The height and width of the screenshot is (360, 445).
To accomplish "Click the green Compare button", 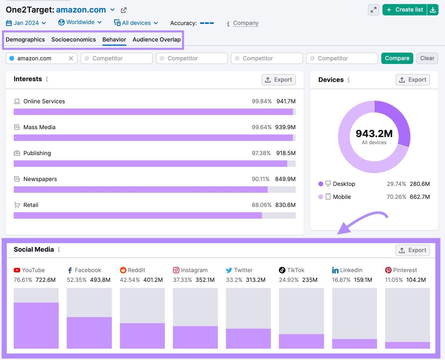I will (x=397, y=58).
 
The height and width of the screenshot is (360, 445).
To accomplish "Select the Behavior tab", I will (x=114, y=40).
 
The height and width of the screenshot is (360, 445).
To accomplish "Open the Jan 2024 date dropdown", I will (x=26, y=23).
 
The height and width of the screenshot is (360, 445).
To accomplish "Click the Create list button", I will (x=405, y=10).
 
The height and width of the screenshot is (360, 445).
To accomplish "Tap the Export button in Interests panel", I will (x=278, y=80).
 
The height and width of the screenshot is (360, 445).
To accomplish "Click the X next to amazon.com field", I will (x=71, y=58).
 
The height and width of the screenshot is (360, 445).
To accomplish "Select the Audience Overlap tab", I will (x=156, y=40).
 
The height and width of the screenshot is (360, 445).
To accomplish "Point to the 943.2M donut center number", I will (x=374, y=134).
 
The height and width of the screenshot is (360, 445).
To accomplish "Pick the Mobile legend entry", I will (x=342, y=197).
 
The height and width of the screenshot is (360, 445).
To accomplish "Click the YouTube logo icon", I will (x=17, y=270).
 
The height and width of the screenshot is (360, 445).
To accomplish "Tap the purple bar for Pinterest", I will (x=407, y=345).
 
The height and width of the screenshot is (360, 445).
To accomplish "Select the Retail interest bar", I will (x=138, y=215).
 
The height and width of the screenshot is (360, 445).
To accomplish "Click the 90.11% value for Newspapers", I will (x=260, y=179).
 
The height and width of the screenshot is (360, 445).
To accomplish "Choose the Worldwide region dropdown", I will (x=80, y=22).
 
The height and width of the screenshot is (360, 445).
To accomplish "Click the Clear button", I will (x=427, y=58).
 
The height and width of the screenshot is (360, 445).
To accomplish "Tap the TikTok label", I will (x=295, y=270).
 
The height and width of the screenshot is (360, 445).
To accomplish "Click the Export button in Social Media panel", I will (x=412, y=250).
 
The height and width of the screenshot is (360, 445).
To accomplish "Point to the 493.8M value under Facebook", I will (x=100, y=280).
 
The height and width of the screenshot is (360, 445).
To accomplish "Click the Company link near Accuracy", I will (x=246, y=23).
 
